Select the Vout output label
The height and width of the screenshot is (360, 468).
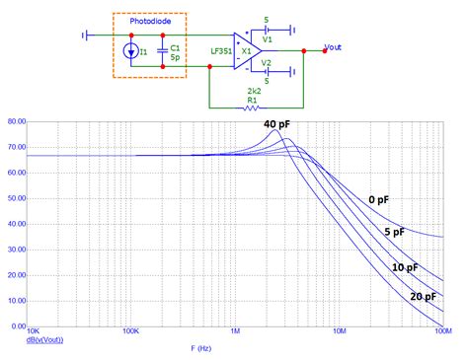click(x=341, y=46)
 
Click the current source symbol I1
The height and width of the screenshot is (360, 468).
click(x=131, y=49)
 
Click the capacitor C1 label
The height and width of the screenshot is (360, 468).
click(x=174, y=45)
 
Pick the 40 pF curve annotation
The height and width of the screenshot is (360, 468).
click(x=276, y=124)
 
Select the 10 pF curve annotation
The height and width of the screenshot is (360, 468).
click(x=405, y=267)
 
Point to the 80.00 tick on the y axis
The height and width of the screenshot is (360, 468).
click(x=15, y=122)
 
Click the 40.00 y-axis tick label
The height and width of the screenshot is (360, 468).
click(x=15, y=224)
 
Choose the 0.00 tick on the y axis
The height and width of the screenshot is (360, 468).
click(x=17, y=325)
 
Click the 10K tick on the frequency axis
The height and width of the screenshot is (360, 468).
click(x=33, y=332)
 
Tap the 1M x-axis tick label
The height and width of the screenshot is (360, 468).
click(x=235, y=332)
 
